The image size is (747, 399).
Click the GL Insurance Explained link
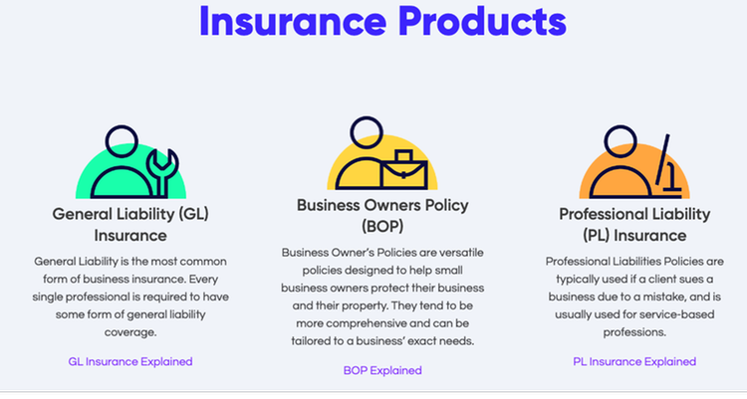(130, 362)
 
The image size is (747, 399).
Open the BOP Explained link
(382, 370)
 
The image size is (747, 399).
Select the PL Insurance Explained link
(634, 362)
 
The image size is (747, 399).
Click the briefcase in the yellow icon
(404, 170)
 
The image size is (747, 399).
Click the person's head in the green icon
(122, 141)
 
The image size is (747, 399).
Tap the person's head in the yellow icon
(367, 132)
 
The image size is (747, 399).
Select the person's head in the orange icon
(621, 141)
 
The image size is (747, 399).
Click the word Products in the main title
(482, 21)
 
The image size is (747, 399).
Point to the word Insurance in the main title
(293, 21)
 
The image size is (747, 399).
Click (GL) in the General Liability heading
(194, 214)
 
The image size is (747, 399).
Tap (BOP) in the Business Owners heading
(382, 226)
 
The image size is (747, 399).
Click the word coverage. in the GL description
(130, 332)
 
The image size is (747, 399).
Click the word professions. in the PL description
(634, 332)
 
